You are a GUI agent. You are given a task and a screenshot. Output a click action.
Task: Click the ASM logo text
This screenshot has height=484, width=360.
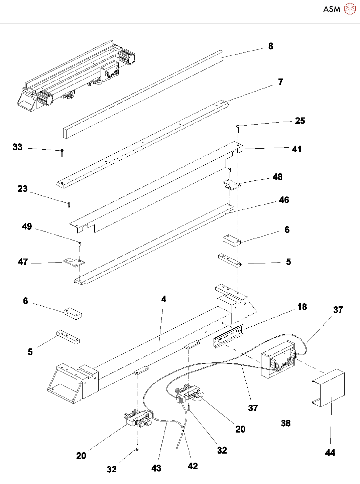pos(332,9)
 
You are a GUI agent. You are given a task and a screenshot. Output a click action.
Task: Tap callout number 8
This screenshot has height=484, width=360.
pos(270,46)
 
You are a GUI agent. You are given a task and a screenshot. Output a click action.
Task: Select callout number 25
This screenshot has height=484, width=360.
pos(300,121)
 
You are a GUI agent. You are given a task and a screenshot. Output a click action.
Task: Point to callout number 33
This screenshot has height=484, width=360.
pos(17,147)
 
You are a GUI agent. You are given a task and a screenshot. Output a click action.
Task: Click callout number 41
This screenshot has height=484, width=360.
pos(296,149)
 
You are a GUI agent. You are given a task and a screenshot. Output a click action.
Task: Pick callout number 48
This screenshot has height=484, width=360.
pos(277,177)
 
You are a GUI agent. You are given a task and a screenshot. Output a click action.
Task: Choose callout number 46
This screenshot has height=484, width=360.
pos(284,200)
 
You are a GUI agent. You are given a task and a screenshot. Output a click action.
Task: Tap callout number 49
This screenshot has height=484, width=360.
pos(27,226)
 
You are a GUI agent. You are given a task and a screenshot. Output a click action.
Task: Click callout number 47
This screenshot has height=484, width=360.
pos(23,262)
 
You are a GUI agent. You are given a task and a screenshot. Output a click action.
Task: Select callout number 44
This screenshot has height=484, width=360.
pos(330,453)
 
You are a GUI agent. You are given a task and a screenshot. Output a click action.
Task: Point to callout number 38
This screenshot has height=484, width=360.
pos(285,423)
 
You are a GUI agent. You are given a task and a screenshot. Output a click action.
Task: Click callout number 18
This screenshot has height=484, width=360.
pos(302,307)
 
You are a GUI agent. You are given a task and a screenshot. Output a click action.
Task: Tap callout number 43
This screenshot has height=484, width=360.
pos(156,468)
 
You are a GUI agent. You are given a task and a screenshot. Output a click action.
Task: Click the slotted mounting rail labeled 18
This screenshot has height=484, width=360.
pos(228,335)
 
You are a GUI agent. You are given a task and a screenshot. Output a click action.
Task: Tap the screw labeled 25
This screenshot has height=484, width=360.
pos(238,129)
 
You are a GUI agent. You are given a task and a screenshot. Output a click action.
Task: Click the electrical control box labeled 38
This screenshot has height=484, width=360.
pos(278,359)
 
